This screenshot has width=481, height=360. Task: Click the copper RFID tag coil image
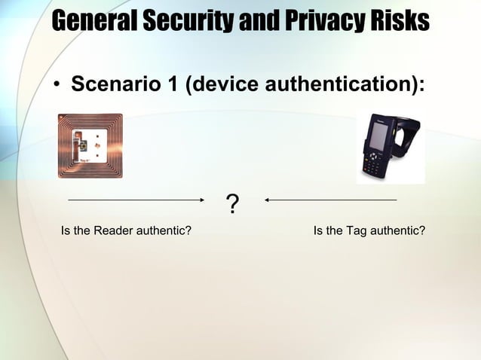click(90, 145)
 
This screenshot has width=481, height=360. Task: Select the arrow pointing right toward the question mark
click(136, 200)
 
